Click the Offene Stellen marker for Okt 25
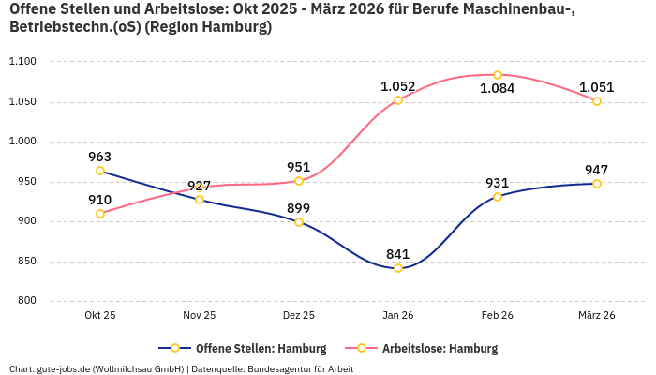point(100,171)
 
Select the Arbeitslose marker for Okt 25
point(100,214)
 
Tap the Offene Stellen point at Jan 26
point(398,268)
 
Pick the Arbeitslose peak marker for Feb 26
point(498,75)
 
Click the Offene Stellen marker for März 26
point(597,184)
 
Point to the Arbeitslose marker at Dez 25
point(299,181)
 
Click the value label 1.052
point(397,86)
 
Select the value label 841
point(397,254)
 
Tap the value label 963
point(100,157)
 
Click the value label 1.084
point(497,89)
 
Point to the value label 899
point(298,208)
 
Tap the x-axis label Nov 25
point(200,316)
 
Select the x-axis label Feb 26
point(498,316)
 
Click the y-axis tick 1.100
point(22,62)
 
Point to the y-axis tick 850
point(25,262)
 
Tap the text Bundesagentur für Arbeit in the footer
point(300,368)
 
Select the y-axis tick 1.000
point(22,142)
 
